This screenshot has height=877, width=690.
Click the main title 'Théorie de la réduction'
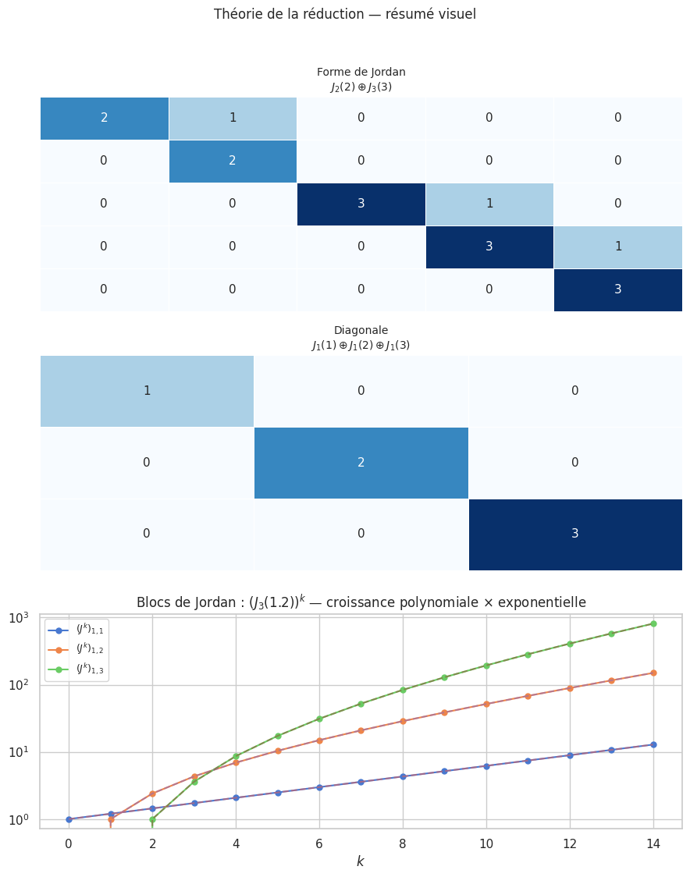344,14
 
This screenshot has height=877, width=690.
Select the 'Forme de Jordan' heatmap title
361,73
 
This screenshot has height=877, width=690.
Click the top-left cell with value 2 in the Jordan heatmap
105,119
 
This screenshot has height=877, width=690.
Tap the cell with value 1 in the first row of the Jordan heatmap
233,119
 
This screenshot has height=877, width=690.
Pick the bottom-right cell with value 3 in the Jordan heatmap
617,289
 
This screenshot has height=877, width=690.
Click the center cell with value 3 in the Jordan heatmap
361,204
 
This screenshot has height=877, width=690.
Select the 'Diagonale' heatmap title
361,330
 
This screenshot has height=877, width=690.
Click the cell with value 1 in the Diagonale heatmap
147,391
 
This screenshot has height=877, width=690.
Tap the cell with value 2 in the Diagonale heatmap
361,463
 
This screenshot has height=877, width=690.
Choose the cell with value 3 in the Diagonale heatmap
575,534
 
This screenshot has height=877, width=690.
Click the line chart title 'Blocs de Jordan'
361,602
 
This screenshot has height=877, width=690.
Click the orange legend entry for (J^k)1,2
76,649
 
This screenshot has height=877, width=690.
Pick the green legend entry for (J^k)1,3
76,668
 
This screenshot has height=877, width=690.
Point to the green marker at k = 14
653,623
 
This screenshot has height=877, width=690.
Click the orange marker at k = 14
653,673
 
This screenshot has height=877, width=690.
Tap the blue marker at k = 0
69,819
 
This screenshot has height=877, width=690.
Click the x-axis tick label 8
403,843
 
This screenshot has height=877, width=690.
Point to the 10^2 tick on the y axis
20,685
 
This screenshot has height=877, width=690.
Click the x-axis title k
361,861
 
